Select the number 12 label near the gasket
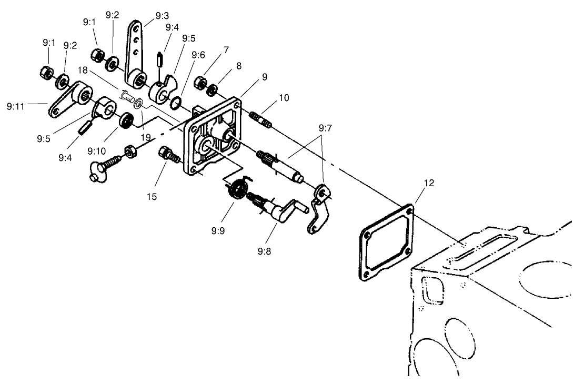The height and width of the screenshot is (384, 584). pos(429,184)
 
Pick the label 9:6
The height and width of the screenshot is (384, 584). pos(198,55)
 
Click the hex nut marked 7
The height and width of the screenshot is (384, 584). pos(200,83)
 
